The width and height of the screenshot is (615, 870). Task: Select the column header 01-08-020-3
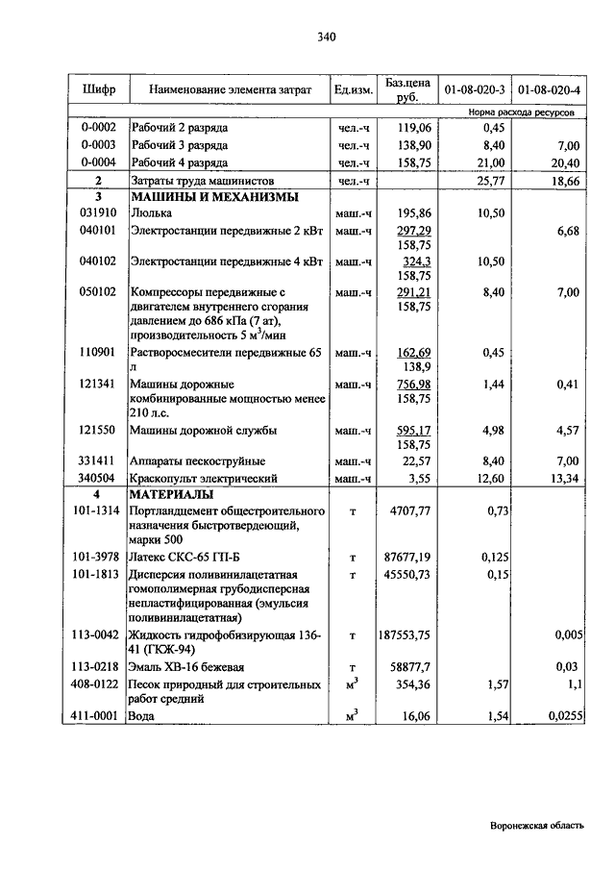(475, 89)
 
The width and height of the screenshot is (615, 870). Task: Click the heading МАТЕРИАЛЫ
(170, 493)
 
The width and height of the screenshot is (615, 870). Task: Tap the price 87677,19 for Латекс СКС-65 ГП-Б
(406, 557)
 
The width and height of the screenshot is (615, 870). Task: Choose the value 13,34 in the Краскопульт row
(563, 477)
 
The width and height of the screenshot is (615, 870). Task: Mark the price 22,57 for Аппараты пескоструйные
(413, 461)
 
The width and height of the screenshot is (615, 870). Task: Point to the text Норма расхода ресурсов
(522, 112)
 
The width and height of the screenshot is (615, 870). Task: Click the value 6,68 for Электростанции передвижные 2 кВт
(567, 231)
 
